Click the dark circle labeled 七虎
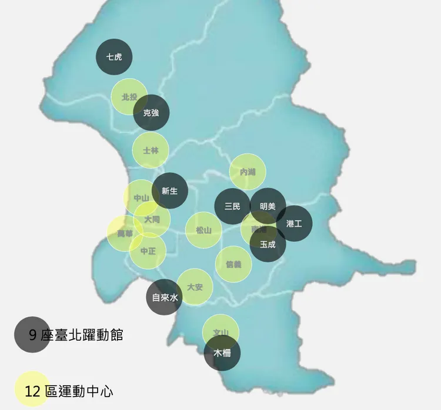[x=114, y=57]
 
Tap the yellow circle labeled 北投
[x=128, y=96]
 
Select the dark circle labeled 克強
[x=152, y=112]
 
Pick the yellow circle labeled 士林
[x=151, y=150]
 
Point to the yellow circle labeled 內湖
[x=248, y=172]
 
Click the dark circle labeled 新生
[x=170, y=190]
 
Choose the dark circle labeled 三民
[x=232, y=206]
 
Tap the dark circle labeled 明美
[x=268, y=206]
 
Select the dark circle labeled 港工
[x=295, y=223]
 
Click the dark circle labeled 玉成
[x=268, y=244]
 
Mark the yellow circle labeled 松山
[x=203, y=230]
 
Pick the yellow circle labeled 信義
[x=233, y=264]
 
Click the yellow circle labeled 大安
[x=195, y=287]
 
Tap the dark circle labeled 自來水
[x=164, y=297]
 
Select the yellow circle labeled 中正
[x=148, y=251]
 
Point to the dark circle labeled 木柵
[x=222, y=353]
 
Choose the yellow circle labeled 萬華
[x=123, y=233]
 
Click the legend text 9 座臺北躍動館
[x=76, y=335]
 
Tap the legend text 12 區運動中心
[x=69, y=390]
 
